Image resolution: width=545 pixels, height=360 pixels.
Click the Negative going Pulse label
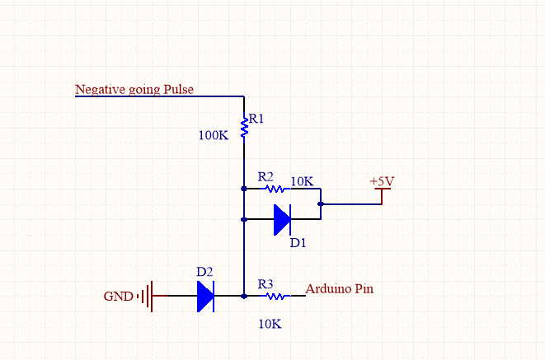[x=134, y=89]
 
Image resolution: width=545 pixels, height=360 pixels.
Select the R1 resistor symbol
[x=244, y=127]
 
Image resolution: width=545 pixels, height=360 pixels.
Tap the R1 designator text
[x=256, y=119]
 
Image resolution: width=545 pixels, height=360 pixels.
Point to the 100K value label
[x=213, y=135]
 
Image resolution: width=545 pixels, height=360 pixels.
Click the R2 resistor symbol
[x=275, y=189]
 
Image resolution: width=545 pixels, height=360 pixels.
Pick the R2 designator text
[x=265, y=176]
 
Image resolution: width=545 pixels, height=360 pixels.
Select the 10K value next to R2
[x=302, y=180]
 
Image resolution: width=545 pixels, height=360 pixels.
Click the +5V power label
[x=381, y=180]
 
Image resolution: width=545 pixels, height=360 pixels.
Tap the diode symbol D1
[x=282, y=220]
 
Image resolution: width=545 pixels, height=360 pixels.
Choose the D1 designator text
[x=298, y=243]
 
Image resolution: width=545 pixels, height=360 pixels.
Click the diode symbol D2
[x=205, y=295]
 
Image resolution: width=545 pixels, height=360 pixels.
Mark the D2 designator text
[x=204, y=271]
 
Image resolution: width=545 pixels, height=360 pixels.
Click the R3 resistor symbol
[x=275, y=295]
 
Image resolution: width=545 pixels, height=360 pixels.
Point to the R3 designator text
[x=265, y=283]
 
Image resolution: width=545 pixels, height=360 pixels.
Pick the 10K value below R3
[x=270, y=324]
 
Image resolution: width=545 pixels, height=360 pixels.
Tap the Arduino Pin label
[x=341, y=289]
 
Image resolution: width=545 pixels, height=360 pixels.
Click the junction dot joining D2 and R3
[x=244, y=295]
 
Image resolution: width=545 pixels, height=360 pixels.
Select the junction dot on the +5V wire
[x=320, y=203]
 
